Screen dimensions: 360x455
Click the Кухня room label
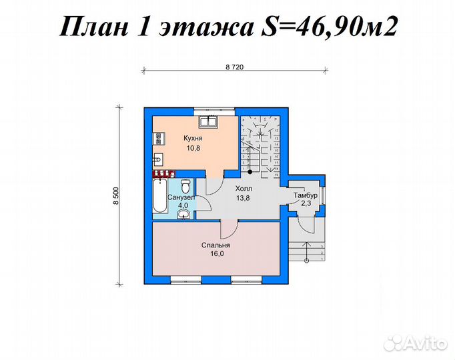(x=193, y=139)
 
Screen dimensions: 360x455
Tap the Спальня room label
(x=216, y=245)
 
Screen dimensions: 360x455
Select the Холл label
(x=243, y=189)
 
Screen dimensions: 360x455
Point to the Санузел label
(x=181, y=198)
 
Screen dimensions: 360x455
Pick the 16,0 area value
(x=216, y=253)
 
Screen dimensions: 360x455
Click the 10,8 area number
(x=193, y=147)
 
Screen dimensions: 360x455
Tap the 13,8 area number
(x=243, y=198)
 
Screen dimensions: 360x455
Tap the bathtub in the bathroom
(x=160, y=198)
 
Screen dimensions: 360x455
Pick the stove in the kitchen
(x=159, y=139)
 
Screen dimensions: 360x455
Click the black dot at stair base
(x=248, y=171)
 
